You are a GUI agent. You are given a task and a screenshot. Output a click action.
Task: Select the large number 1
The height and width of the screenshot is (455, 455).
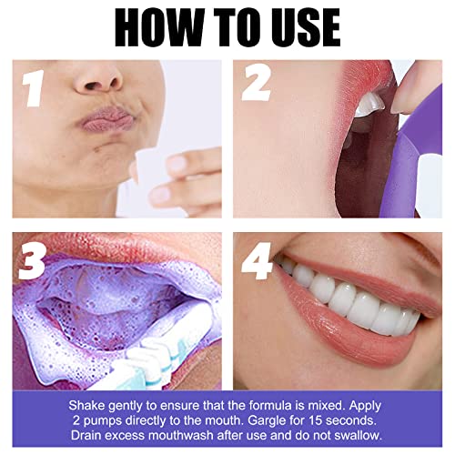click(x=34, y=90)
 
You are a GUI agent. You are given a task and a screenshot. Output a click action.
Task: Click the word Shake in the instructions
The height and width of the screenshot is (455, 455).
click(x=89, y=403)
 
